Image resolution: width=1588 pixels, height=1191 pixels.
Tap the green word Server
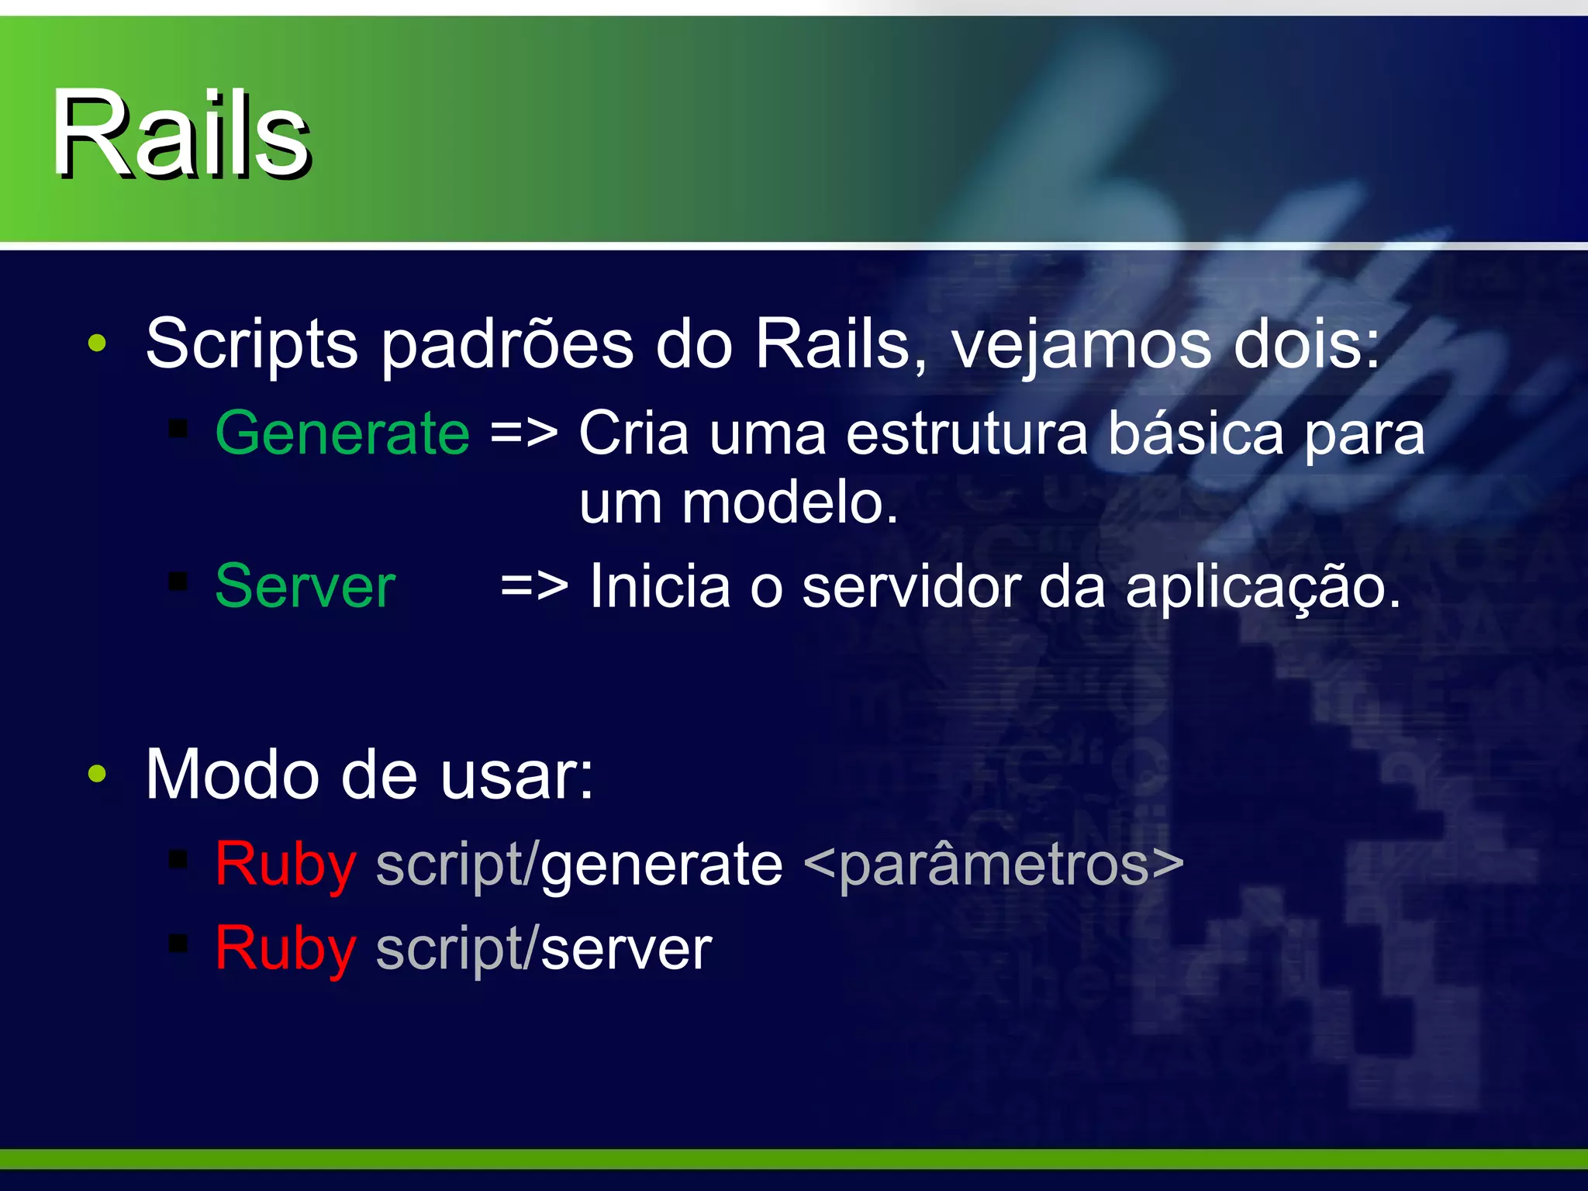tap(306, 586)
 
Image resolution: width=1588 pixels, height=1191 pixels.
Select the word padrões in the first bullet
tap(507, 345)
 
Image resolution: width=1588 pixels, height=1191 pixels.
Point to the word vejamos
tap(1081, 345)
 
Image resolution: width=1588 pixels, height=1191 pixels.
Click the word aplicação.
tap(1262, 588)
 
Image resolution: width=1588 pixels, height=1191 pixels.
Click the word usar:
tap(516, 775)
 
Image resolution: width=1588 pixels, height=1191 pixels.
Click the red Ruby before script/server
tap(285, 949)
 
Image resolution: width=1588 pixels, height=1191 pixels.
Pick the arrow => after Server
tap(534, 586)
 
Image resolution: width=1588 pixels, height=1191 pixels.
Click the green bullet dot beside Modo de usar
tap(97, 773)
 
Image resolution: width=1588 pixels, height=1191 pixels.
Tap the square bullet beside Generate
tap(179, 427)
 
